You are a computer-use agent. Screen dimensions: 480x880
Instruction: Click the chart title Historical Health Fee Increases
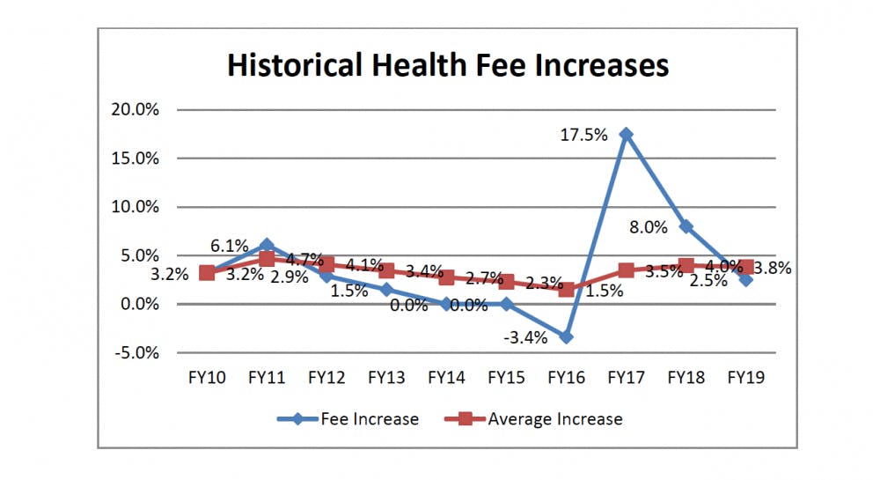448,66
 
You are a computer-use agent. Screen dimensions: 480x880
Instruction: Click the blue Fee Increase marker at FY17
626,134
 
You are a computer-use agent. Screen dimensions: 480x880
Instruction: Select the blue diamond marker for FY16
566,337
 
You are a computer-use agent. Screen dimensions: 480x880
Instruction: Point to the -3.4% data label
524,337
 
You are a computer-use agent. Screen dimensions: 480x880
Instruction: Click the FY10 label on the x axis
207,378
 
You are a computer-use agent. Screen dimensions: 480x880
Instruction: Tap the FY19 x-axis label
745,378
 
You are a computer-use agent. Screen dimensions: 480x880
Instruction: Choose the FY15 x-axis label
506,378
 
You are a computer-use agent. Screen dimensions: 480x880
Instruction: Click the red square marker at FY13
386,270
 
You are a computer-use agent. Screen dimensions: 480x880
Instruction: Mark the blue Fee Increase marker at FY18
686,226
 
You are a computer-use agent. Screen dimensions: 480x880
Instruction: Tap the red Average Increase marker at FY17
626,270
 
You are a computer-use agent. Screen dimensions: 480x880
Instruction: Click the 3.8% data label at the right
774,269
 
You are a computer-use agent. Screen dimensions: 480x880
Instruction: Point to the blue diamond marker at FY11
267,245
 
